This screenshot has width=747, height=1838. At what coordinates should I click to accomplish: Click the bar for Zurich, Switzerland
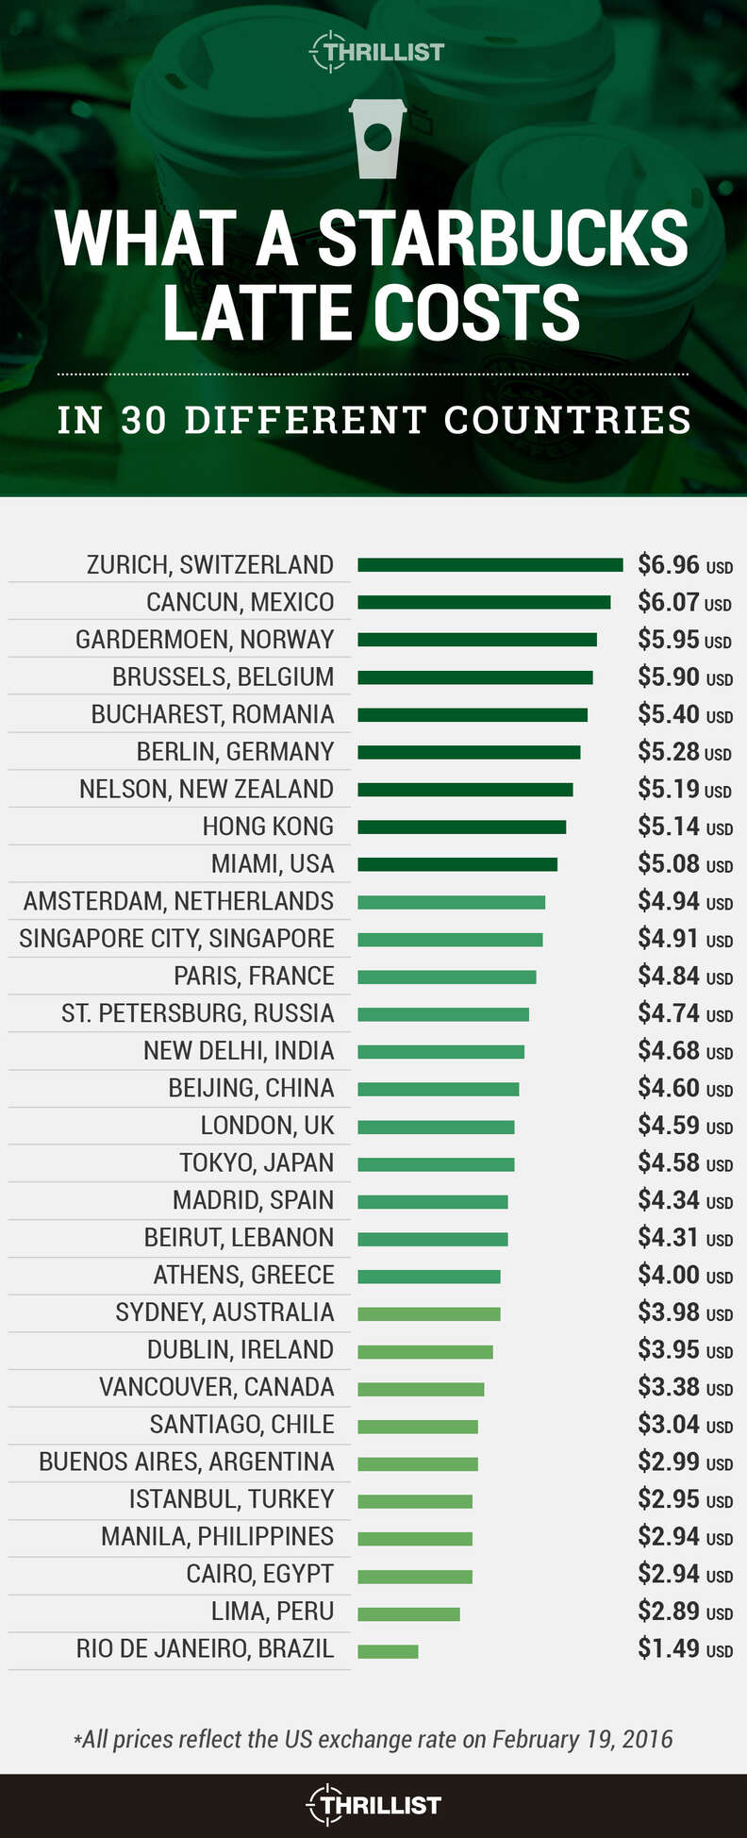click(x=490, y=565)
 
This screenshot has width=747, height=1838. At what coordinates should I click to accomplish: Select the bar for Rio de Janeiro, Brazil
click(x=388, y=1651)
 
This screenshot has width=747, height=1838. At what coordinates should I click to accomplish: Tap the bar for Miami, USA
click(x=457, y=864)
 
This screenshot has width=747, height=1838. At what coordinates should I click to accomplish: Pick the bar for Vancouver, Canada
click(x=421, y=1389)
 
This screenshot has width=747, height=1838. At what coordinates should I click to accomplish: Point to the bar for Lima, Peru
click(x=408, y=1613)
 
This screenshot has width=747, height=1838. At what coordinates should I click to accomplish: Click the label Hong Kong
click(x=268, y=827)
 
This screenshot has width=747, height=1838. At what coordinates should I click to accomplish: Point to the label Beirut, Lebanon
click(x=239, y=1238)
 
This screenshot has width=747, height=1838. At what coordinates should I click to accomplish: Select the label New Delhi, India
click(x=239, y=1051)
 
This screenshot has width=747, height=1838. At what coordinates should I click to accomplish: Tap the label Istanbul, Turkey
click(x=231, y=1499)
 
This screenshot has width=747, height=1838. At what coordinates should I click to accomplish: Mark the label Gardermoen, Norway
click(x=205, y=640)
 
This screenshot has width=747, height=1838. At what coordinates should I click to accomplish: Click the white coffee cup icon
click(x=377, y=138)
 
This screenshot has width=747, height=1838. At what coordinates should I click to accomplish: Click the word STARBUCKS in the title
click(x=503, y=239)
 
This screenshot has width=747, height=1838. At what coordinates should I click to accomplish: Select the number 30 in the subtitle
click(x=144, y=421)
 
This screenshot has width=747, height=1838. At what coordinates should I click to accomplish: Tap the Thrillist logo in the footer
click(x=374, y=1805)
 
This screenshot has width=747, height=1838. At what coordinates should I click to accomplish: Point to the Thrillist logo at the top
click(x=376, y=52)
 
